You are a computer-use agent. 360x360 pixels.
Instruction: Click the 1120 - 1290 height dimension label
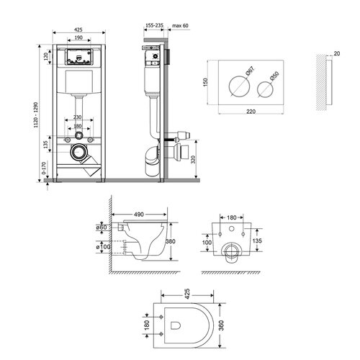pos(36,114)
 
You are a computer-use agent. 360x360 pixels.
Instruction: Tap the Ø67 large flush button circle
pos(239,86)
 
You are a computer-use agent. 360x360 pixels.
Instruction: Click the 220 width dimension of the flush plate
pos(251,112)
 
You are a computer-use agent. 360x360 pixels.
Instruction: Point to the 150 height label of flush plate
pos(205,82)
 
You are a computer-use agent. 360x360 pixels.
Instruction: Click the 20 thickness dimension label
pos(337,53)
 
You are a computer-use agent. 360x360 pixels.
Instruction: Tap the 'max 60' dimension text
pos(180,25)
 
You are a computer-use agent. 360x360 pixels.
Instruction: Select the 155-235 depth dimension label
pos(154,25)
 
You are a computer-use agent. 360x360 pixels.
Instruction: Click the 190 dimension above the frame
pos(78,37)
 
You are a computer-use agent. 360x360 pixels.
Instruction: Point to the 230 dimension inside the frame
pos(77,117)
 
